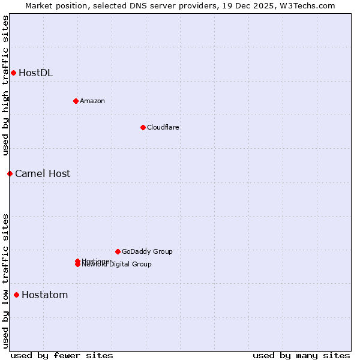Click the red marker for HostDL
point(13,73)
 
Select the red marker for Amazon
point(76,101)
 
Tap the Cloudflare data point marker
point(143,127)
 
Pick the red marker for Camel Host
point(10,174)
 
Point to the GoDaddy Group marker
point(118,251)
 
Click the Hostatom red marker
point(16,295)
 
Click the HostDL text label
point(35,73)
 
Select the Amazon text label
point(92,101)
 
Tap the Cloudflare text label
point(163,127)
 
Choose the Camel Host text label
point(43,174)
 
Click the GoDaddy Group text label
point(147,251)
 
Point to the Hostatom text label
point(44,295)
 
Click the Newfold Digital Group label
point(117,265)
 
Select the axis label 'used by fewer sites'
point(62,355)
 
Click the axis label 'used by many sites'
point(301,355)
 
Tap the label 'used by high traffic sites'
point(5,85)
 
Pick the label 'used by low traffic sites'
point(5,281)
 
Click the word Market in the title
point(39,5)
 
